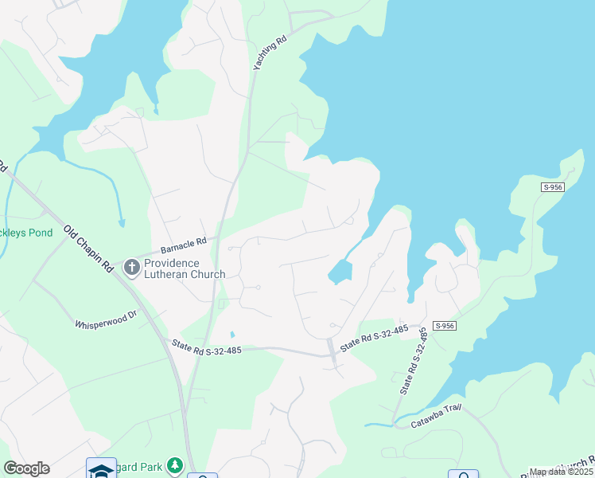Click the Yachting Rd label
pos(269,53)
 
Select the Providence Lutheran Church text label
pos(185,268)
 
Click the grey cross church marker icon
pos(132,268)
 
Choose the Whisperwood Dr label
pos(106,324)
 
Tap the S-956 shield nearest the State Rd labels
pos(444,326)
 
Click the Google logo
pos(26,468)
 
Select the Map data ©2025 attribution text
pos(561,472)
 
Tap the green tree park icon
pos(175,465)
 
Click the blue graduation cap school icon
pos(101,470)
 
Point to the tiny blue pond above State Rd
pos(231,335)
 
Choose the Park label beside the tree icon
pos(150,465)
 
